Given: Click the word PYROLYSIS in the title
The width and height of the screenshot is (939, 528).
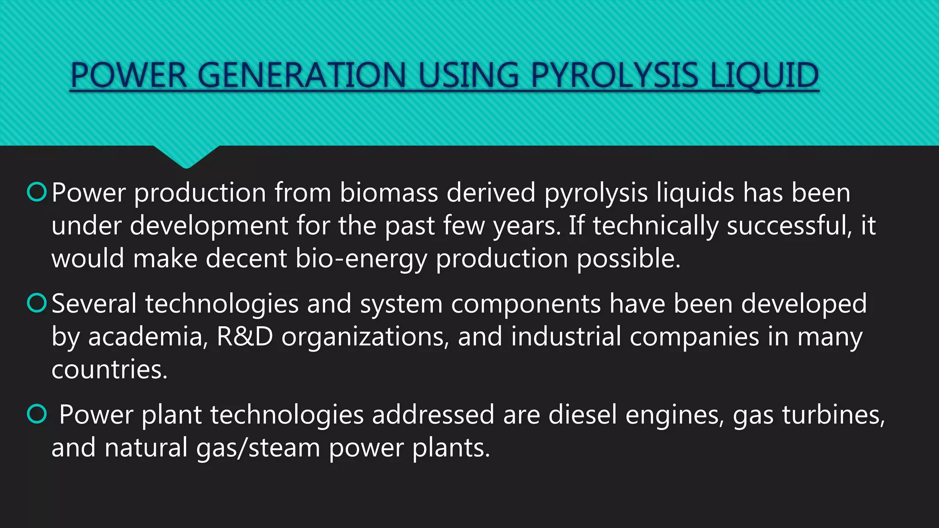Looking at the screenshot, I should tap(614, 76).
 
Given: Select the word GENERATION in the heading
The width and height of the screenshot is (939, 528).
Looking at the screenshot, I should tap(302, 76).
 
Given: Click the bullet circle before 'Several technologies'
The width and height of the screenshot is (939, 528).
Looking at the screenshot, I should tap(37, 303).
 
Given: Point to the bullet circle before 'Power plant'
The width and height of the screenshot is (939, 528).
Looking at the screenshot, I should tap(37, 414).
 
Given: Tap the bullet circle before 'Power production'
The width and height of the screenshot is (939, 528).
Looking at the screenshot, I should tap(37, 192).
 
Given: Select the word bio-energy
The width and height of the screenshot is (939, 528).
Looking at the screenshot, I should tap(361, 259).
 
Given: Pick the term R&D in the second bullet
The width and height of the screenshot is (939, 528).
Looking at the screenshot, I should tap(244, 337).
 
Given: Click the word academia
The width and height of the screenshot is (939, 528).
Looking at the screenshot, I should tap(146, 337).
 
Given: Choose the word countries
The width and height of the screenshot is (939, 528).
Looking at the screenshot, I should tap(110, 370).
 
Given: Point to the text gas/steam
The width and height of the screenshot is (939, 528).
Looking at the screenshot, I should tap(258, 448).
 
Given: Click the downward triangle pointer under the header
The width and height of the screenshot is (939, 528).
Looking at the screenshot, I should tap(186, 156).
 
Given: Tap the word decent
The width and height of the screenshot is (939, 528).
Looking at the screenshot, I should tap(246, 259).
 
